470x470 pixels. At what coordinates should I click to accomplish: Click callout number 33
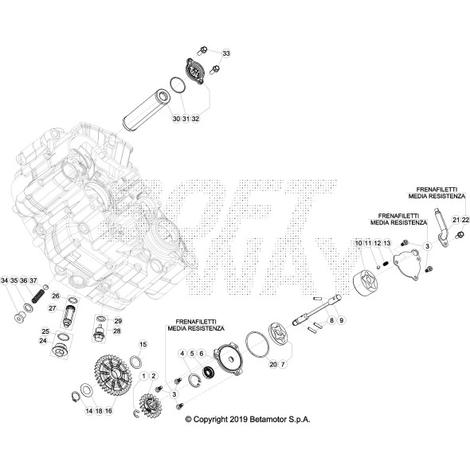[x=226, y=53]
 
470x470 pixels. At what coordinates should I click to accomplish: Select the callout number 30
[x=176, y=119]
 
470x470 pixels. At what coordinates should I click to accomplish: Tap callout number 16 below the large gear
[x=108, y=411]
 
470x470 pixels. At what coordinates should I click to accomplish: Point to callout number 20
[x=273, y=365]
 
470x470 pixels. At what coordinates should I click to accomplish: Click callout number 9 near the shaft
[x=342, y=320]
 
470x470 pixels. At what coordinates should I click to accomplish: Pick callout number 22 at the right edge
[x=465, y=220]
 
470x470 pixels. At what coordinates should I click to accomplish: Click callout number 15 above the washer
[x=143, y=344]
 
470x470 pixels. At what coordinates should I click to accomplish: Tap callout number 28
[x=117, y=331]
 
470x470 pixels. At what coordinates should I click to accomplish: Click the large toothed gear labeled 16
[x=113, y=373]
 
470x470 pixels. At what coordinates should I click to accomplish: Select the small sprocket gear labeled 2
[x=151, y=405]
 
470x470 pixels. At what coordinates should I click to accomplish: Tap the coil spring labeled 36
[x=38, y=296]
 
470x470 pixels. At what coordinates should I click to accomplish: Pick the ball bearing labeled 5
[x=208, y=372]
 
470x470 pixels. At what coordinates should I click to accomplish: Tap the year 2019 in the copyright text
[x=238, y=419]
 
